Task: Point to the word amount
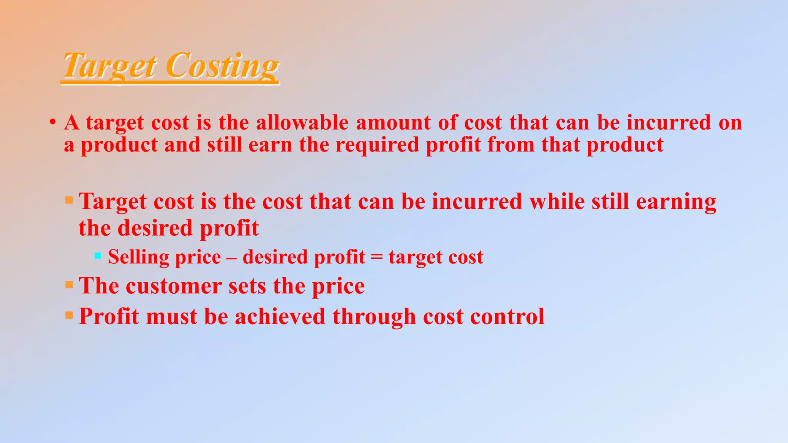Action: click(x=393, y=123)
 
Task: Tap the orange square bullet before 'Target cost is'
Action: click(x=69, y=200)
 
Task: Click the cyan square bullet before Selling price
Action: click(x=98, y=255)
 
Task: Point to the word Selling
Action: click(x=138, y=257)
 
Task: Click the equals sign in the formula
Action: click(x=377, y=257)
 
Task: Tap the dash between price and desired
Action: click(x=232, y=257)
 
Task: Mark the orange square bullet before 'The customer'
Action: click(x=69, y=285)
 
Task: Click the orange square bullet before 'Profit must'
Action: click(x=69, y=316)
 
